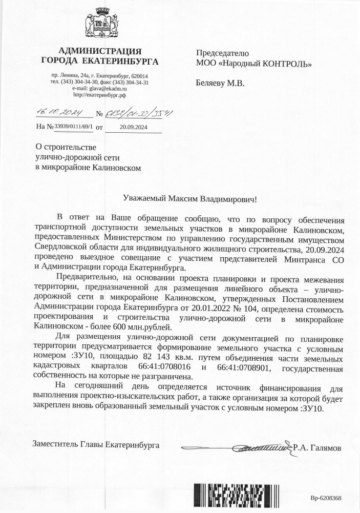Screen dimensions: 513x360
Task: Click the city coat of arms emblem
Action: point(100,25)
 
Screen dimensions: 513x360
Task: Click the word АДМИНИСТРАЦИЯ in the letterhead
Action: point(100,51)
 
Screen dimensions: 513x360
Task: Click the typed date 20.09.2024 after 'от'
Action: point(133,126)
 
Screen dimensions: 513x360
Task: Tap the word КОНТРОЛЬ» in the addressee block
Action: point(287,64)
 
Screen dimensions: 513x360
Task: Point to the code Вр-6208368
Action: point(326,498)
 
